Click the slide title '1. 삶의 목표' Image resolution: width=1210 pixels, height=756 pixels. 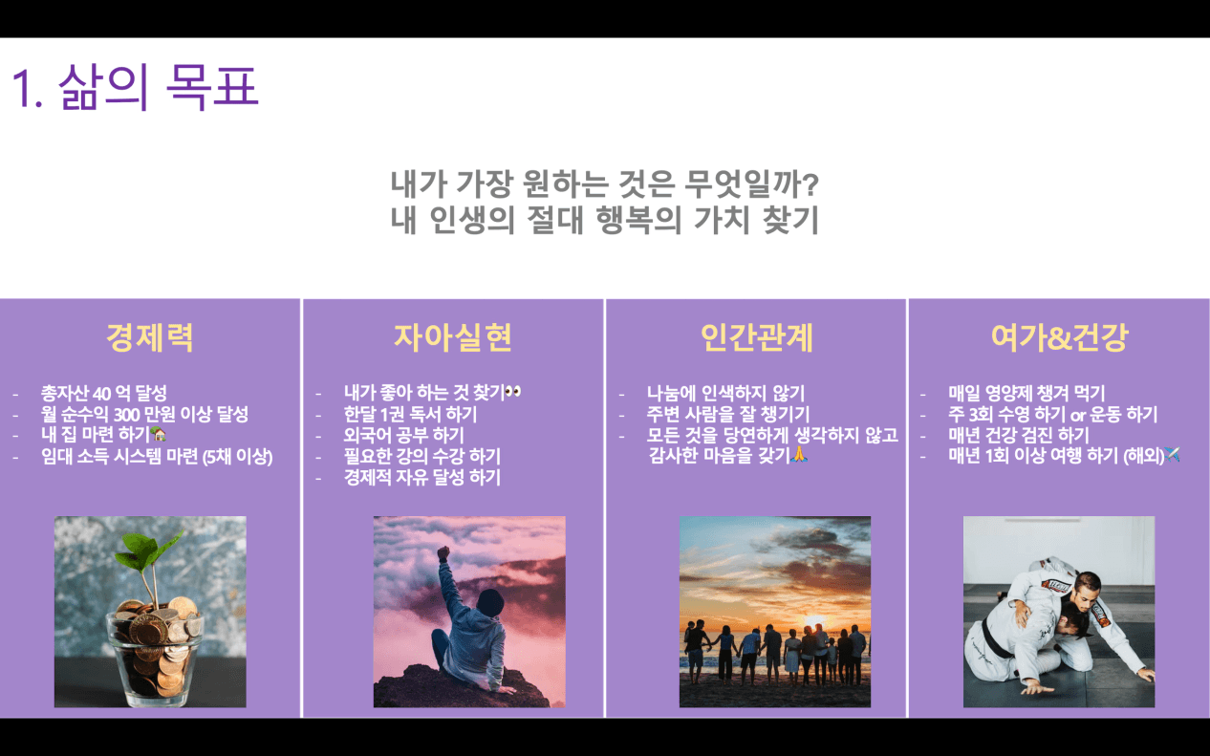pyautogui.click(x=135, y=87)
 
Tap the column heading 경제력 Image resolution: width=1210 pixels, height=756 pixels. pyautogui.click(x=150, y=337)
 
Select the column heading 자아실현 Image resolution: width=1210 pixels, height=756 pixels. pyautogui.click(x=453, y=337)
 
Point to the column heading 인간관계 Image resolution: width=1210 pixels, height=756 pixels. pyautogui.click(x=756, y=337)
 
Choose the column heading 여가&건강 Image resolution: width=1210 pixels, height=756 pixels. pyautogui.click(x=1059, y=337)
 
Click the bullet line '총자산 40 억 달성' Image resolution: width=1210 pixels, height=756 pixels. pyautogui.click(x=104, y=393)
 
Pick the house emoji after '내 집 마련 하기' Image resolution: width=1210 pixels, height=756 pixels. pyautogui.click(x=159, y=434)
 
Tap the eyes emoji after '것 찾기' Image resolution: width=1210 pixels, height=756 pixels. pyautogui.click(x=513, y=392)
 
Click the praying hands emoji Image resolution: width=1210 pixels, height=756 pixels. pyautogui.click(x=799, y=455)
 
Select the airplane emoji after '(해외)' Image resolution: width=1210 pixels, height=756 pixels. pyautogui.click(x=1172, y=455)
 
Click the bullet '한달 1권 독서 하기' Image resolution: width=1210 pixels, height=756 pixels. pyautogui.click(x=411, y=414)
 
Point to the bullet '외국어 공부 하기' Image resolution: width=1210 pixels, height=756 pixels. pyautogui.click(x=404, y=435)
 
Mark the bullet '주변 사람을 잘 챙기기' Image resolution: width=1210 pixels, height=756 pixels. pyautogui.click(x=728, y=414)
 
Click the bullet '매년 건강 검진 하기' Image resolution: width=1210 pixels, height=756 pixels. pyautogui.click(x=1019, y=435)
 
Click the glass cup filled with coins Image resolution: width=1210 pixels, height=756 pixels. pyautogui.click(x=154, y=656)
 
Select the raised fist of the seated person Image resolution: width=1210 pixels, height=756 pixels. pyautogui.click(x=443, y=552)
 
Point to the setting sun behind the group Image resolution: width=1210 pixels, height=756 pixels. pyautogui.click(x=813, y=621)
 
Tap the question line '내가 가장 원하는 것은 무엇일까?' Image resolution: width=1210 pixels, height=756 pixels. pyautogui.click(x=604, y=184)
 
